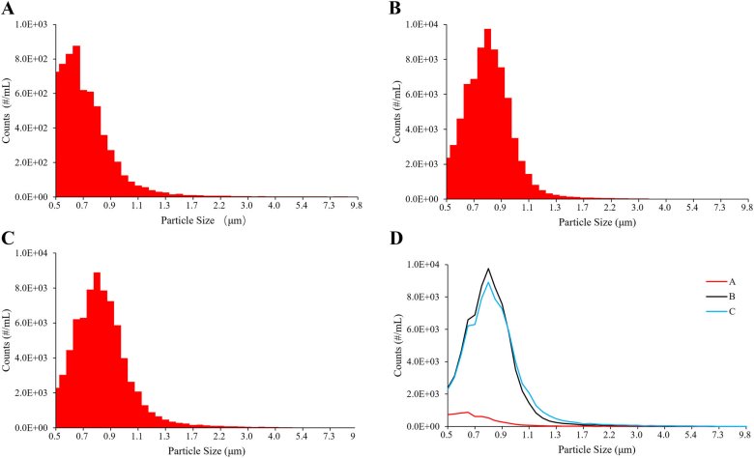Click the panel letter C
coord(8,238)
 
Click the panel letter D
coord(394,238)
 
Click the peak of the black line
coord(488,269)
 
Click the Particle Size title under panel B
coord(594,221)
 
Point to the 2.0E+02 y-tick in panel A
coord(35,162)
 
